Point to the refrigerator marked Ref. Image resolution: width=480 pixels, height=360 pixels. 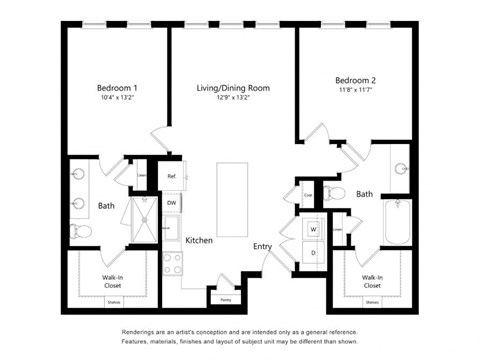pyautogui.click(x=171, y=178)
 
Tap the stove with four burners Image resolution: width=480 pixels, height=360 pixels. pyautogui.click(x=171, y=262)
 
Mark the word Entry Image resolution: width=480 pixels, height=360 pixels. pyautogui.click(x=262, y=246)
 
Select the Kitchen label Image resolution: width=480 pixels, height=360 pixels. pyautogui.click(x=199, y=240)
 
